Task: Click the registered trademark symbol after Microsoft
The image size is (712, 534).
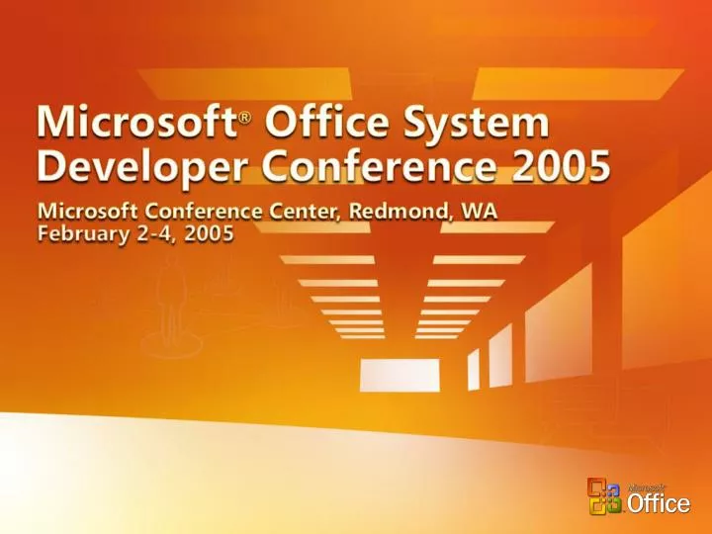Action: (245, 120)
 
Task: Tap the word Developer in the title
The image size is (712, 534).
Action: (131, 170)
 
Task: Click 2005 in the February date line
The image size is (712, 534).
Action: (209, 236)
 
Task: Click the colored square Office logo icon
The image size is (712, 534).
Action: (604, 496)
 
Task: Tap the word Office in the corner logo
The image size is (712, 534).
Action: (659, 504)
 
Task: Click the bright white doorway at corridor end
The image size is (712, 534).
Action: (400, 375)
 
